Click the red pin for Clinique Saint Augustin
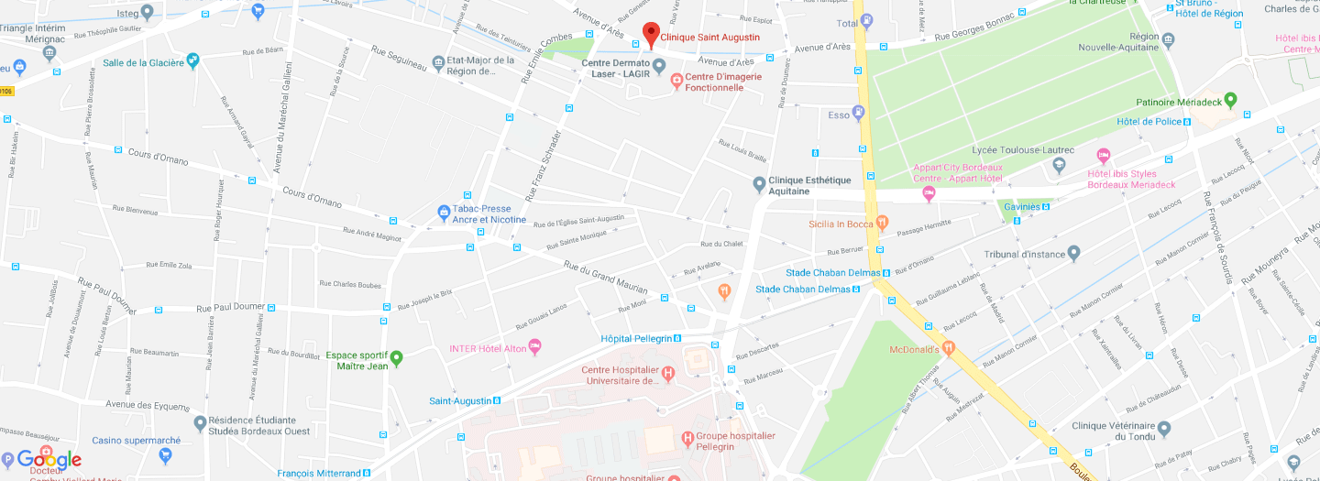point(650,34)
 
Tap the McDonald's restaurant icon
point(949,348)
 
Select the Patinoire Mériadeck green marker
point(1230,100)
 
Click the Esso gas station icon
point(859,114)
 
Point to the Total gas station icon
point(867,21)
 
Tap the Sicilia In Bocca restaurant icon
point(882,222)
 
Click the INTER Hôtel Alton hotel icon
point(536,347)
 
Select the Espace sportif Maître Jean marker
point(397,357)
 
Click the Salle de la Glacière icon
point(192,60)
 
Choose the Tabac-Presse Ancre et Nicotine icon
point(444,213)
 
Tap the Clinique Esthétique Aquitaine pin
point(758,184)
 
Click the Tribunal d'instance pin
point(1074,253)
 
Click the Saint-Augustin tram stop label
point(460,400)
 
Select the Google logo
point(49,460)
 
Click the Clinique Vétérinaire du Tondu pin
point(1164,428)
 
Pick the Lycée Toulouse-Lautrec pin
point(1060,165)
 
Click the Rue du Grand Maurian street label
point(606,273)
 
